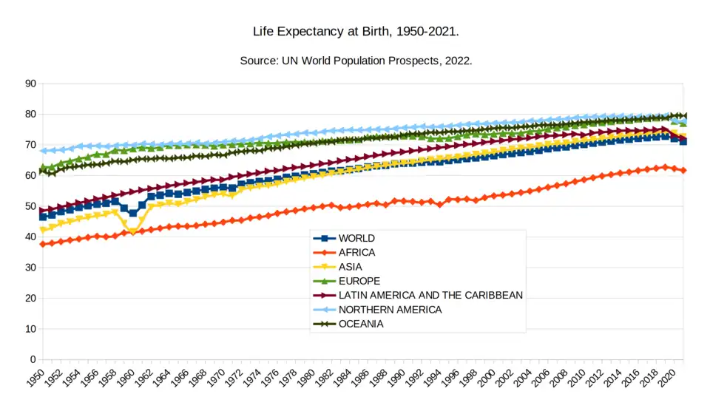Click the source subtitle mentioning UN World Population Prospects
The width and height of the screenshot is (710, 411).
pos(356,61)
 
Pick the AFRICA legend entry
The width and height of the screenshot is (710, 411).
pos(356,252)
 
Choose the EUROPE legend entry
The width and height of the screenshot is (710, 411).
pos(359,281)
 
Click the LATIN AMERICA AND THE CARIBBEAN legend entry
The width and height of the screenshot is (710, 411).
pos(430,295)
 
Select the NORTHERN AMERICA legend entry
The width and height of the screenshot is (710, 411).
pos(389,310)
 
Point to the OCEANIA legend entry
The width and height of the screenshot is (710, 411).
pos(362,324)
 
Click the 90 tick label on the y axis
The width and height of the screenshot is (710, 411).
pos(30,84)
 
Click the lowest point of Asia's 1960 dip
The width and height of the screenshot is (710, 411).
pos(133,231)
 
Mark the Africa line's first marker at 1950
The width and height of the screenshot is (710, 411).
pos(43,244)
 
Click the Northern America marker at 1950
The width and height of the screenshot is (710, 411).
pos(43,151)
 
